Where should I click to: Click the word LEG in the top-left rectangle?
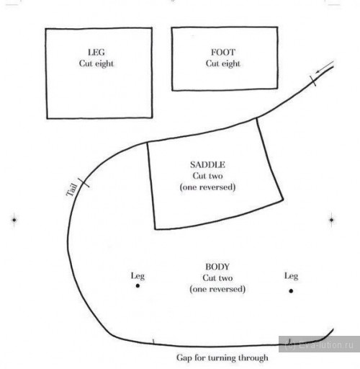pos(96,53)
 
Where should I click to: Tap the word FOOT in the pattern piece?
pos(223,53)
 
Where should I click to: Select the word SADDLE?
pos(207,165)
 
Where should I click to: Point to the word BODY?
pos(217,267)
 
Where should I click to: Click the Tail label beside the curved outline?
pos(72,190)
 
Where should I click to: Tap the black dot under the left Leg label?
pos(138,285)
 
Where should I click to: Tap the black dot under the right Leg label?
pos(291,291)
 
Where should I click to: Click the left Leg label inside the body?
pos(138,276)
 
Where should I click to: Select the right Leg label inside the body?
pos(291,276)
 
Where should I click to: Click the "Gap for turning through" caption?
pos(222,357)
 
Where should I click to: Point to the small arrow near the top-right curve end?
pos(325,67)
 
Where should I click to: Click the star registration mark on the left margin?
pos(14,220)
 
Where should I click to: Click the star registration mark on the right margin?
pos(331,220)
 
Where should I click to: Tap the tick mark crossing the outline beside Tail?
pos(84,182)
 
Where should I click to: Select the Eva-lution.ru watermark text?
pos(319,345)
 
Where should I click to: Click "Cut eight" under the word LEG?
pos(96,63)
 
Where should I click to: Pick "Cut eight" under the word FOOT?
pos(223,63)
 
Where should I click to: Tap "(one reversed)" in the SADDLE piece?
pos(207,187)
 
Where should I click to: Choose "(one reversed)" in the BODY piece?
pos(217,289)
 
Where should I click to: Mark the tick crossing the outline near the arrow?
pos(313,81)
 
